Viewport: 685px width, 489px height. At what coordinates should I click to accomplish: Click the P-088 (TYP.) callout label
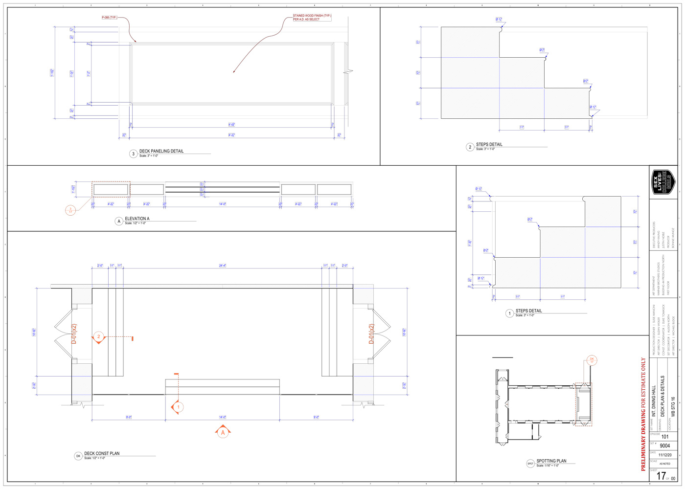point(109,18)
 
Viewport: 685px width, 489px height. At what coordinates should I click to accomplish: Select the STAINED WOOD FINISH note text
point(312,18)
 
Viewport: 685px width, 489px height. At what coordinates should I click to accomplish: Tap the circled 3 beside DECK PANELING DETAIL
point(133,154)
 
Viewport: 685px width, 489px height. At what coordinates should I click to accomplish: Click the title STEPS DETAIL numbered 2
point(489,144)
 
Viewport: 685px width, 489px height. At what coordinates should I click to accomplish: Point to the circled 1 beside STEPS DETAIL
point(509,313)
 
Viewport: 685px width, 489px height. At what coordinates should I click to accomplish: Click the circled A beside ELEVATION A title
point(118,221)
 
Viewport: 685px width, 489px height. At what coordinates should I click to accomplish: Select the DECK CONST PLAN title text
point(102,453)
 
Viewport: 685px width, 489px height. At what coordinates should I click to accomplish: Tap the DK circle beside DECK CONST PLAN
point(78,456)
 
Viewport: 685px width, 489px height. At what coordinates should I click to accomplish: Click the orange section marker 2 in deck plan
point(98,337)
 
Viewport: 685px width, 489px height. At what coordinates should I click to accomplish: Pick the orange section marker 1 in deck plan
point(178,407)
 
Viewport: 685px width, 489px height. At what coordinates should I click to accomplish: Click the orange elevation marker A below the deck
point(223,432)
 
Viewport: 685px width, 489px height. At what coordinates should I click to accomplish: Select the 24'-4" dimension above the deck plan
point(223,266)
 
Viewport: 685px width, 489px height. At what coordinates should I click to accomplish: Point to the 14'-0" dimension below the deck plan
point(223,417)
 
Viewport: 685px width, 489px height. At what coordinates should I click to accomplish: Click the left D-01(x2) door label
point(74,334)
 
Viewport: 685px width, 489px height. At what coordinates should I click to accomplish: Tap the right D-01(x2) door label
point(371,334)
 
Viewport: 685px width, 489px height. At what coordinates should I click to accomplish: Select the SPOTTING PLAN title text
point(551,461)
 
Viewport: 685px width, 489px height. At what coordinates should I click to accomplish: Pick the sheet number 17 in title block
point(661,476)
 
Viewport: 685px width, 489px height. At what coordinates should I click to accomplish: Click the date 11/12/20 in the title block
point(664,455)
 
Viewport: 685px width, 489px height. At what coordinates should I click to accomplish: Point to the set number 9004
point(664,445)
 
